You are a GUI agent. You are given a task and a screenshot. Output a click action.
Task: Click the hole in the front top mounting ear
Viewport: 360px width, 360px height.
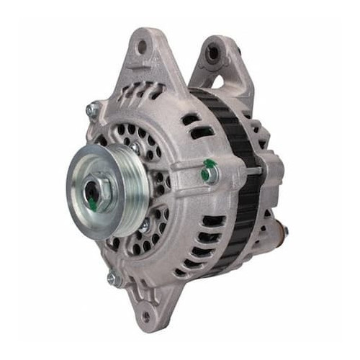click(142, 47)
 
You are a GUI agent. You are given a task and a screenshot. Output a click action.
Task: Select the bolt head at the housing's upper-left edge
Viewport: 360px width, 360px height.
click(92, 109)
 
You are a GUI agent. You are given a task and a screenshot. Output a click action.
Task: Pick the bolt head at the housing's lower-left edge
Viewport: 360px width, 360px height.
click(112, 277)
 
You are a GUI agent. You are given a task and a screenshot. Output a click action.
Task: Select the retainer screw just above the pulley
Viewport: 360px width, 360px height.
click(135, 148)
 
